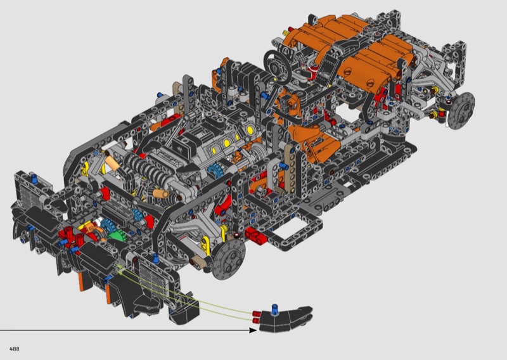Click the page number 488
[14, 349]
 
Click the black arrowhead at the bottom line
[253, 330]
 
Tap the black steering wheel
[278, 66]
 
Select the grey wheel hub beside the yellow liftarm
[229, 260]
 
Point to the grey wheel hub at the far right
[462, 111]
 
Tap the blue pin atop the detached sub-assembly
[275, 308]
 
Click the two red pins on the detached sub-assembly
[257, 317]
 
